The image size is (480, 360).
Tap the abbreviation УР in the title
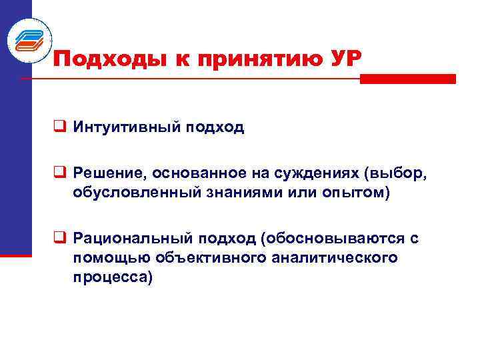[344, 59]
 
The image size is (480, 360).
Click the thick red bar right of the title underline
[407, 79]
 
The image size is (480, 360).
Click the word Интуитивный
[123, 127]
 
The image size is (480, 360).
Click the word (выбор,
[396, 174]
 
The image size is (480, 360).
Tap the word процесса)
[113, 277]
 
